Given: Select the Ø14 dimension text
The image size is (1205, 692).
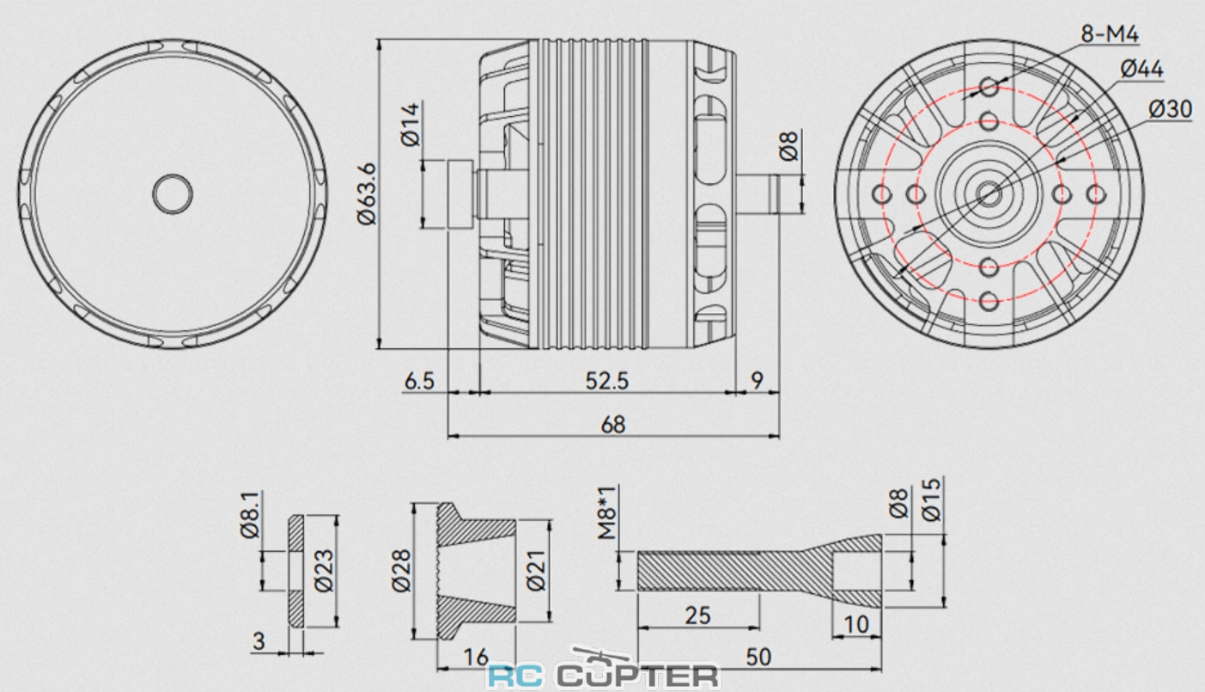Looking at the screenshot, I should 411,125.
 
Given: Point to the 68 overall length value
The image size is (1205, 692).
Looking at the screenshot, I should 613,424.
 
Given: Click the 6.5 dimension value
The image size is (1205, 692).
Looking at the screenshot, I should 419,381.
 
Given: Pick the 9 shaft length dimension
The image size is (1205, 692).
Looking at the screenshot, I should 757,381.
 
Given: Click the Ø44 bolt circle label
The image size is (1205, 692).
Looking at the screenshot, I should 1142,69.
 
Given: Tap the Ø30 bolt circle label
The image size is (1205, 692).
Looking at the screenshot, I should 1169,109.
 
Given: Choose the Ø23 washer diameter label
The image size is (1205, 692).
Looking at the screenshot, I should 324,571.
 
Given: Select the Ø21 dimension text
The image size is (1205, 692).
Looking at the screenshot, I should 537,571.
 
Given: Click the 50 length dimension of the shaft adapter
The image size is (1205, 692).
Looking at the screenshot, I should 758,656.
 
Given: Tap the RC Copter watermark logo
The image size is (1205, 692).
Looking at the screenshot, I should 603,676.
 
